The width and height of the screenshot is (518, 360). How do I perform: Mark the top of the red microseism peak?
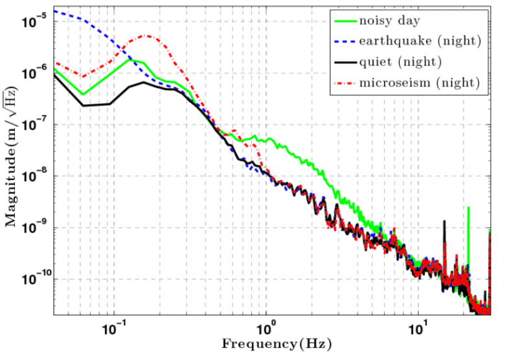(146, 36)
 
